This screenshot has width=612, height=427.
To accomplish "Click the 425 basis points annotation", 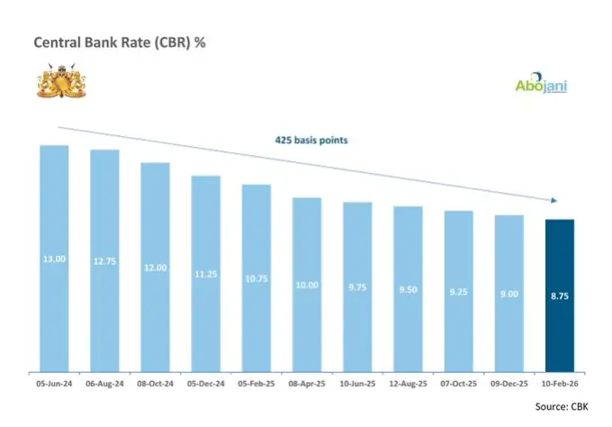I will pyautogui.click(x=312, y=141).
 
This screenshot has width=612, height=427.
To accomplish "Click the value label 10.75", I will pyautogui.click(x=256, y=279).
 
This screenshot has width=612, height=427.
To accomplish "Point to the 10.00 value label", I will pyautogui.click(x=307, y=285).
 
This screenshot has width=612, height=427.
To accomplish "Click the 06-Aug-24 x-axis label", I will pyautogui.click(x=104, y=386).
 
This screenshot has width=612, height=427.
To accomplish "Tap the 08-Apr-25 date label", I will pyautogui.click(x=307, y=386).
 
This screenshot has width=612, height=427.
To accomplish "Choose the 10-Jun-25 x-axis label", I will pyautogui.click(x=357, y=386).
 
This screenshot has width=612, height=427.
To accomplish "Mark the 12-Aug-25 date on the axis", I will pyautogui.click(x=408, y=386).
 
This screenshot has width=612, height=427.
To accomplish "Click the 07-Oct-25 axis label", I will pyautogui.click(x=458, y=386).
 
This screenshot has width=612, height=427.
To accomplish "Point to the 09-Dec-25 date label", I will pyautogui.click(x=508, y=386).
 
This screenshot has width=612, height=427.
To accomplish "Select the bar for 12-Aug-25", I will pyautogui.click(x=408, y=288).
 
